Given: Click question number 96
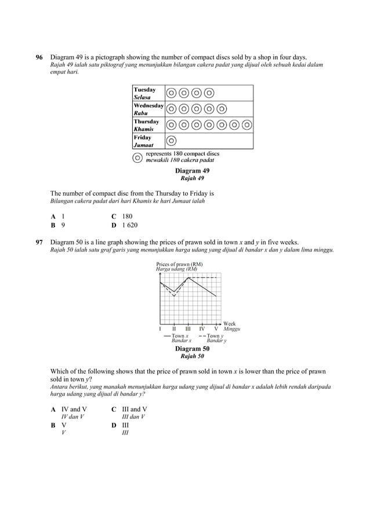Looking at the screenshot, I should tap(39, 57).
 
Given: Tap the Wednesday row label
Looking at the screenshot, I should tap(148, 109).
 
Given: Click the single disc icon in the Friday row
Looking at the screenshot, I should tap(172, 141).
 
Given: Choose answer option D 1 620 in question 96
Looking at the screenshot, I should tap(125, 225).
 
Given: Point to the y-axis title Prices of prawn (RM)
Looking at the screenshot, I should tap(179, 264).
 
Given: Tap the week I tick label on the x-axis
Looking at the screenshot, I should tap(161, 328).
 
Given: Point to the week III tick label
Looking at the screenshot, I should tap(188, 328).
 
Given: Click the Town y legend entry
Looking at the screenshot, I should tap(212, 336).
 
